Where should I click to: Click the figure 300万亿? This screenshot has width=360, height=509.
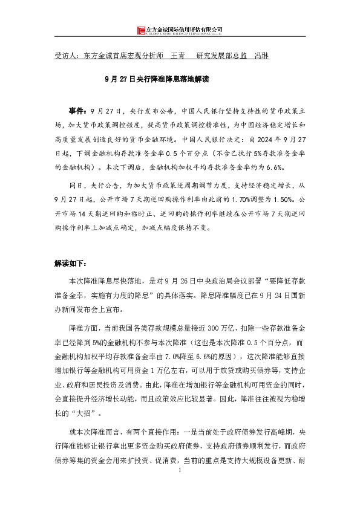tap(227, 327)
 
